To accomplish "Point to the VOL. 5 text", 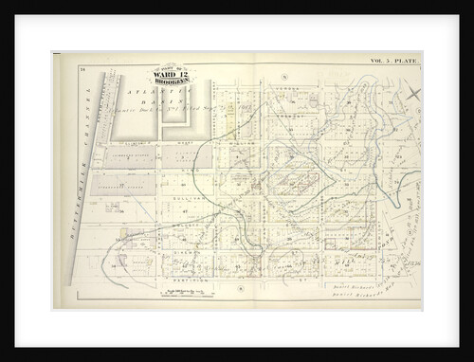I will click(x=380, y=62).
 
